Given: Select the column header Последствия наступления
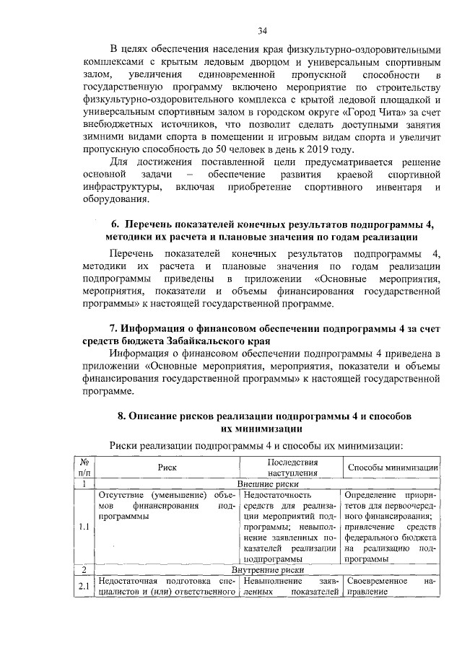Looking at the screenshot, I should tap(292, 468).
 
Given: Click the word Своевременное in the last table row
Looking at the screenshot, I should tap(375, 581).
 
